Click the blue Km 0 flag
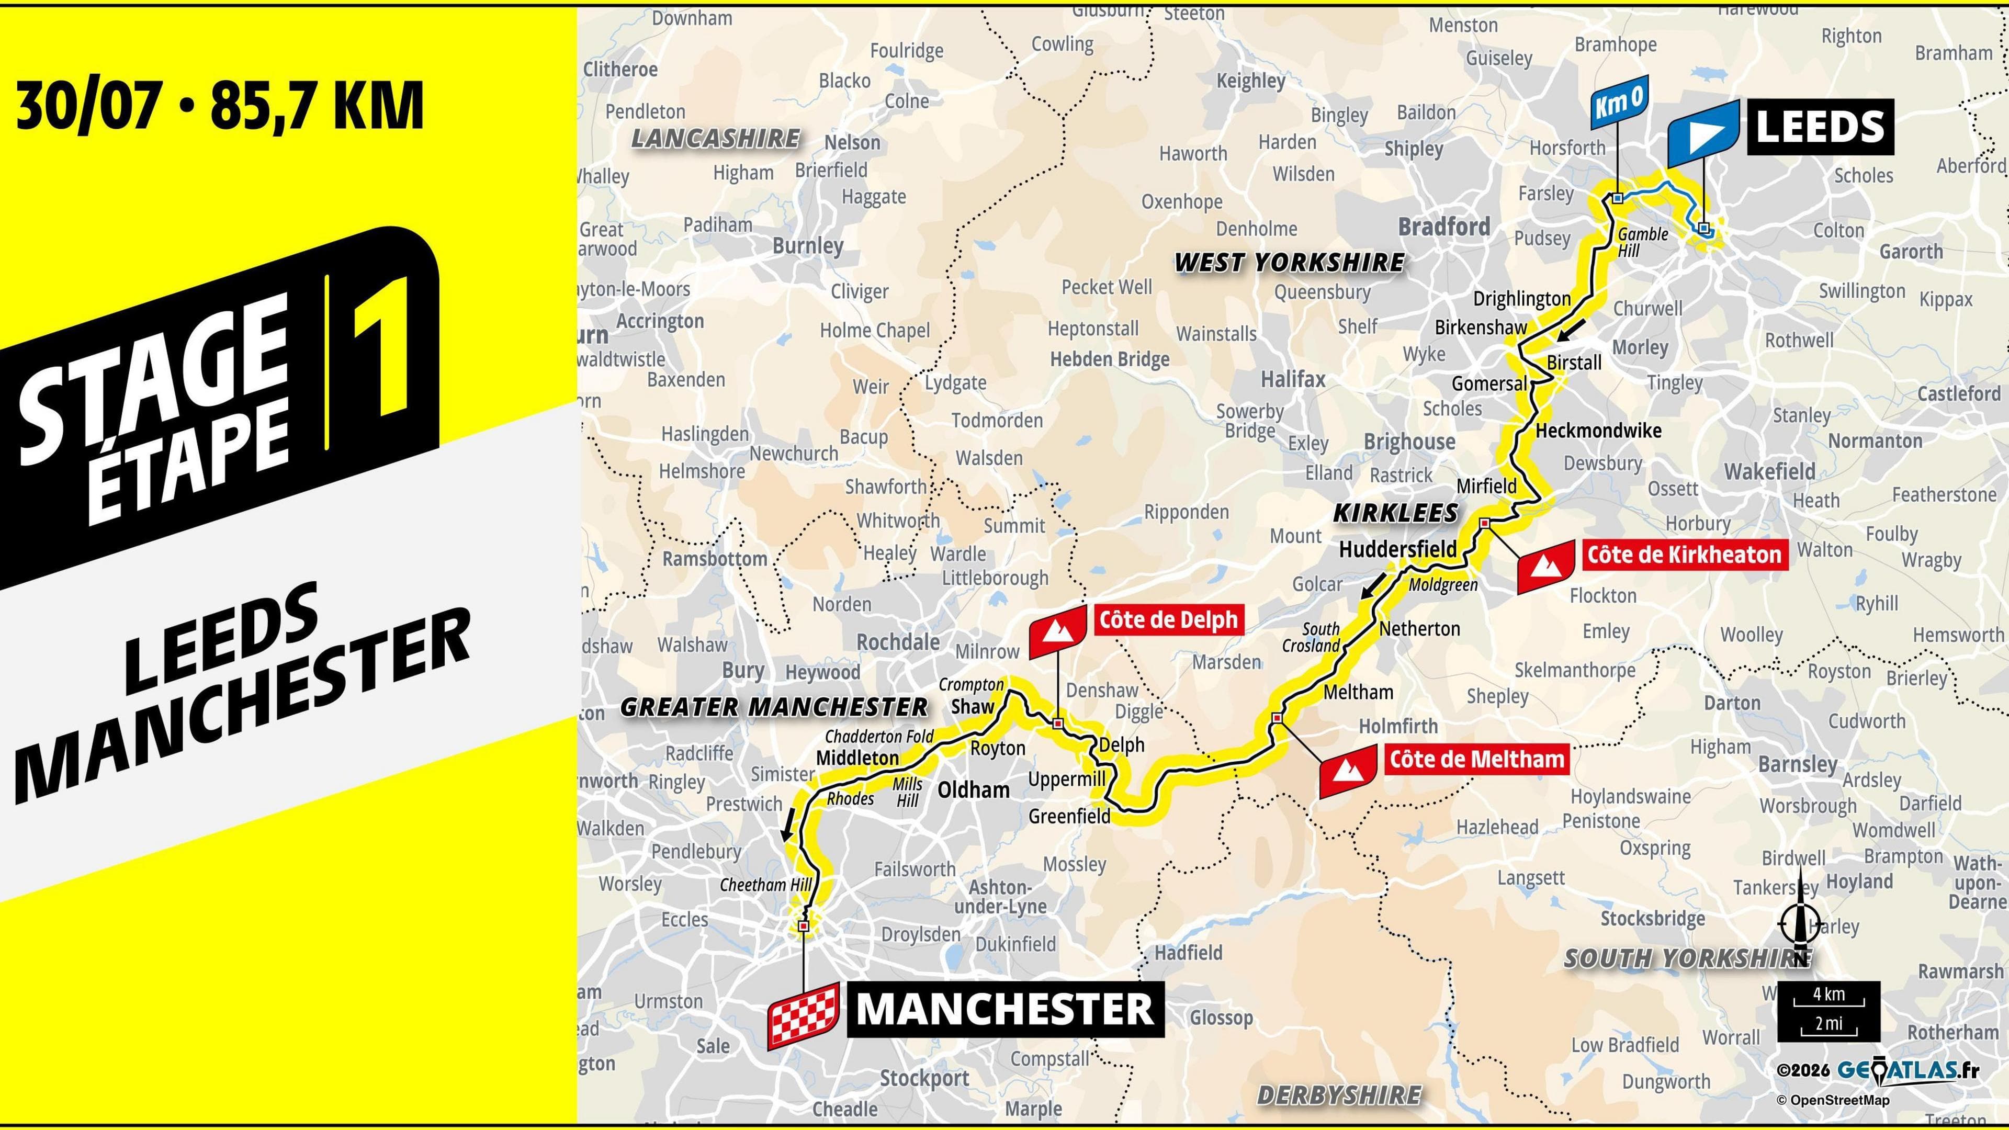pos(1620,105)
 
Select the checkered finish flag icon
pos(803,1014)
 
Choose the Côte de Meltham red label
pos(1477,759)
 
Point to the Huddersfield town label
pos(1397,549)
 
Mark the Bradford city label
pos(1443,227)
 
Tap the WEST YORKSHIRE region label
pos(1289,262)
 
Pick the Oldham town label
pos(973,790)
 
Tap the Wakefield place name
pos(1769,472)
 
